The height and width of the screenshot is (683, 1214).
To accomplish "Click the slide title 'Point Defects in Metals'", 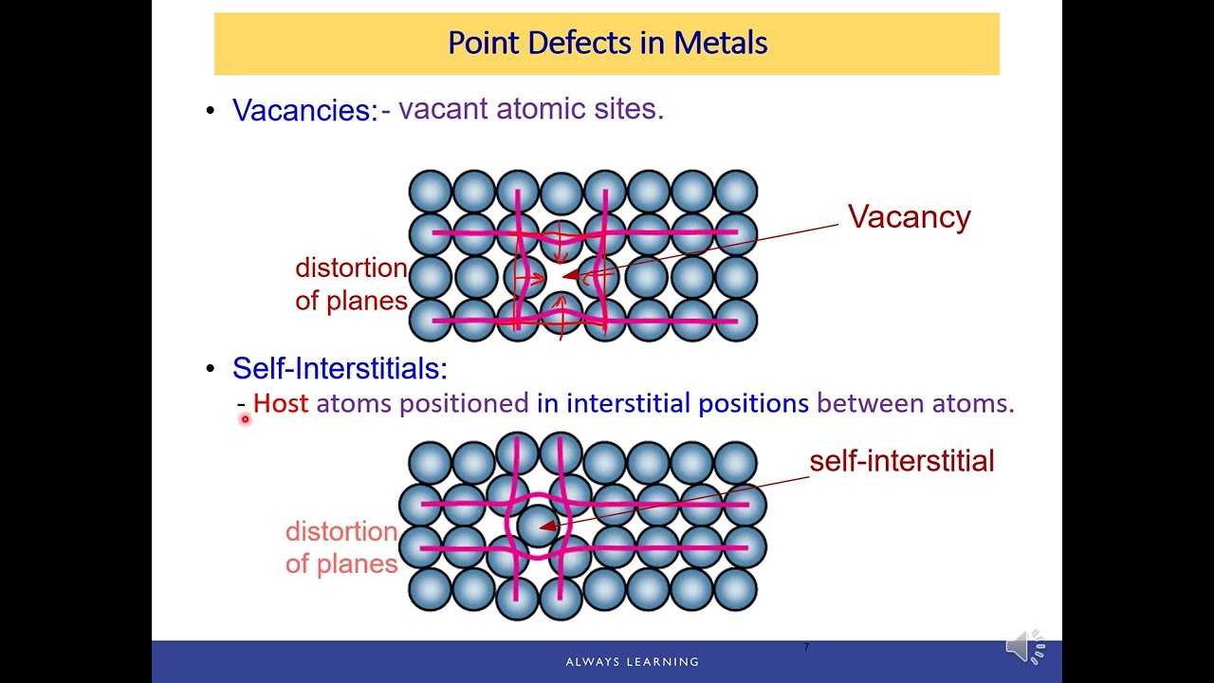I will point(607,43).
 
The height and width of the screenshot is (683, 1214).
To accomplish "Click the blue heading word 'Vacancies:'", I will point(304,110).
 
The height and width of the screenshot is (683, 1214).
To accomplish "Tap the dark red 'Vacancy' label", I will point(909,217).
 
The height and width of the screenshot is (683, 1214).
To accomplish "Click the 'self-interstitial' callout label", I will point(901,461).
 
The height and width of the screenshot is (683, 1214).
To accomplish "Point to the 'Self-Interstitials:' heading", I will point(339,368).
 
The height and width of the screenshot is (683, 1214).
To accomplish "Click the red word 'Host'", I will point(281,403).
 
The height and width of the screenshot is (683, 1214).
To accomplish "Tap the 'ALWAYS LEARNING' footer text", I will point(632,661).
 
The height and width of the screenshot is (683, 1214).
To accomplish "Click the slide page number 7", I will point(806,647).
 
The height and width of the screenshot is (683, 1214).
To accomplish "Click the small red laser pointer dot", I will point(244,419).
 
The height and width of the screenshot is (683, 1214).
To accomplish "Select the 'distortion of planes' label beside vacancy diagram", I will point(351,284).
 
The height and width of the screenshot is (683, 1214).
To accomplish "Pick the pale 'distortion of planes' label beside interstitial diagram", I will point(341,547).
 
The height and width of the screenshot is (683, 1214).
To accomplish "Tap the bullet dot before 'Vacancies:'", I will point(211,110).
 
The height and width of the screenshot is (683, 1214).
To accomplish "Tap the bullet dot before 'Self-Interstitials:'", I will point(211,368).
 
